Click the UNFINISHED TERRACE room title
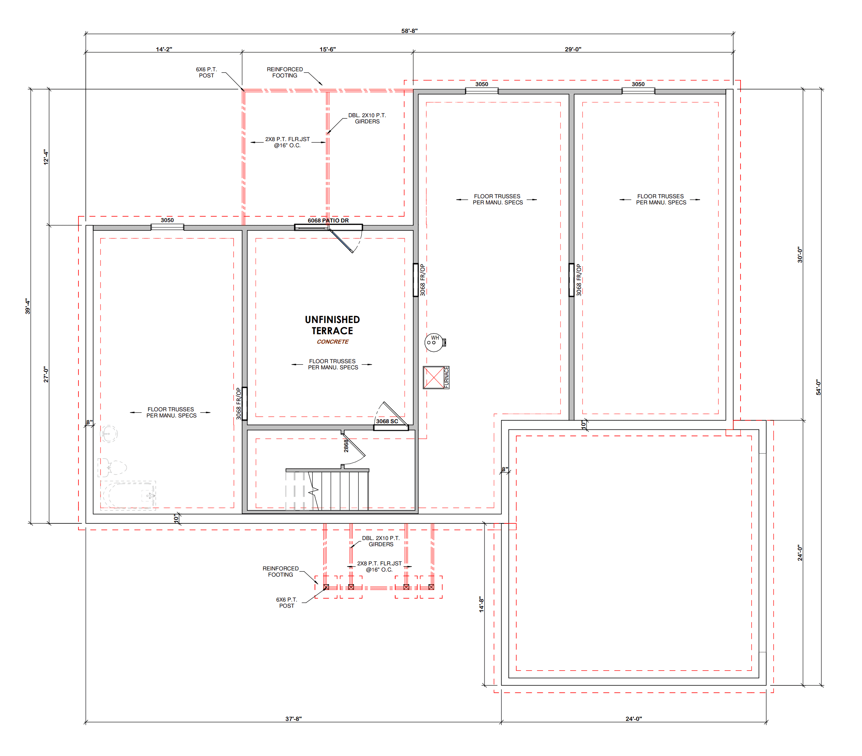[332, 325]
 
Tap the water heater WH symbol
[435, 342]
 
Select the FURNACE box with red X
[436, 377]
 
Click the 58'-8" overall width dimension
[409, 31]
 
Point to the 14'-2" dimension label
[164, 49]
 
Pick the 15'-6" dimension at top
[328, 49]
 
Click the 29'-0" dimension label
[573, 49]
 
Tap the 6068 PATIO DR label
[328, 220]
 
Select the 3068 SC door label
[387, 421]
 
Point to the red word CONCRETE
[333, 342]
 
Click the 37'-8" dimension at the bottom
[294, 718]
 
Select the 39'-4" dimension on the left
[28, 306]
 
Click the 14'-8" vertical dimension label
[481, 604]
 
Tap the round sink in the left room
[109, 434]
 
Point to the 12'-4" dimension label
[46, 157]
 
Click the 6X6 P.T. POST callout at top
[206, 72]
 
